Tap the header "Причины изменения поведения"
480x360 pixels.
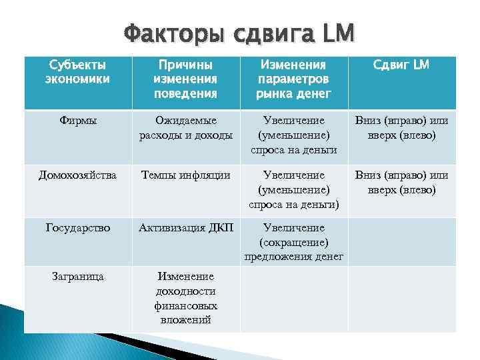click(x=185, y=79)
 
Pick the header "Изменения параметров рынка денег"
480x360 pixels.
click(x=294, y=79)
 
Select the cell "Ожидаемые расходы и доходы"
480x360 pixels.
click(x=185, y=128)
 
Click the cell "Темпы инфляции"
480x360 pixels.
click(x=185, y=175)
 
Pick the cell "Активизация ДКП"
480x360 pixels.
click(x=185, y=228)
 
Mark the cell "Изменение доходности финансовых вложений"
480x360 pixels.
click(x=185, y=298)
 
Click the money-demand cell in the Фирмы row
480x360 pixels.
click(x=294, y=135)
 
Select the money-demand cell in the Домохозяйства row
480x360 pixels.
click(x=294, y=190)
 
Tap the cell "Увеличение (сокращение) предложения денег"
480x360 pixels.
click(x=294, y=242)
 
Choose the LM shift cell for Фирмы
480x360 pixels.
click(x=401, y=128)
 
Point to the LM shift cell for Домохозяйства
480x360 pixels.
click(x=401, y=183)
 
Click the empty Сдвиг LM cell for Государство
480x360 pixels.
click(x=401, y=241)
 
